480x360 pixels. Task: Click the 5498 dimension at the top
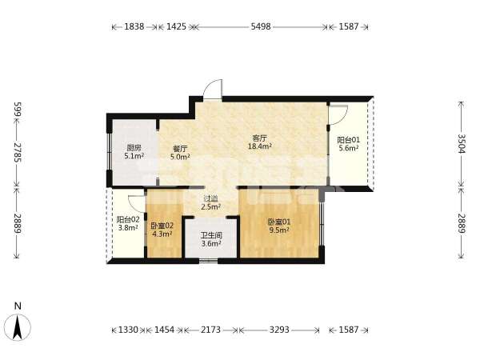(261, 26)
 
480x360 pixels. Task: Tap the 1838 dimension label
(134, 26)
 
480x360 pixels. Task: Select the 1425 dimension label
(176, 26)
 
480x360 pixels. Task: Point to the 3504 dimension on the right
(462, 144)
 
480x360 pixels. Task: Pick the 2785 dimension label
(18, 152)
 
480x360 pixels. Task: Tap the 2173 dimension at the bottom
(210, 330)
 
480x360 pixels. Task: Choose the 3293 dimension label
(279, 330)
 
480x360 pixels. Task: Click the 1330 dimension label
(128, 330)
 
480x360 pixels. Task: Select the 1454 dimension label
(164, 330)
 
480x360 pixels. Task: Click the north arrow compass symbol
(18, 327)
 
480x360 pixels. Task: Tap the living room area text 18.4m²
(260, 146)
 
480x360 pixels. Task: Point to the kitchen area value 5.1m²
(134, 156)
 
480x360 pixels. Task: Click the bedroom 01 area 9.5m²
(279, 230)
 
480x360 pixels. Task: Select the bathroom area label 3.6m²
(211, 244)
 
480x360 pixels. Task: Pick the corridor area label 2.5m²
(211, 206)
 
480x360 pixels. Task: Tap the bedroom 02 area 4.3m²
(162, 234)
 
